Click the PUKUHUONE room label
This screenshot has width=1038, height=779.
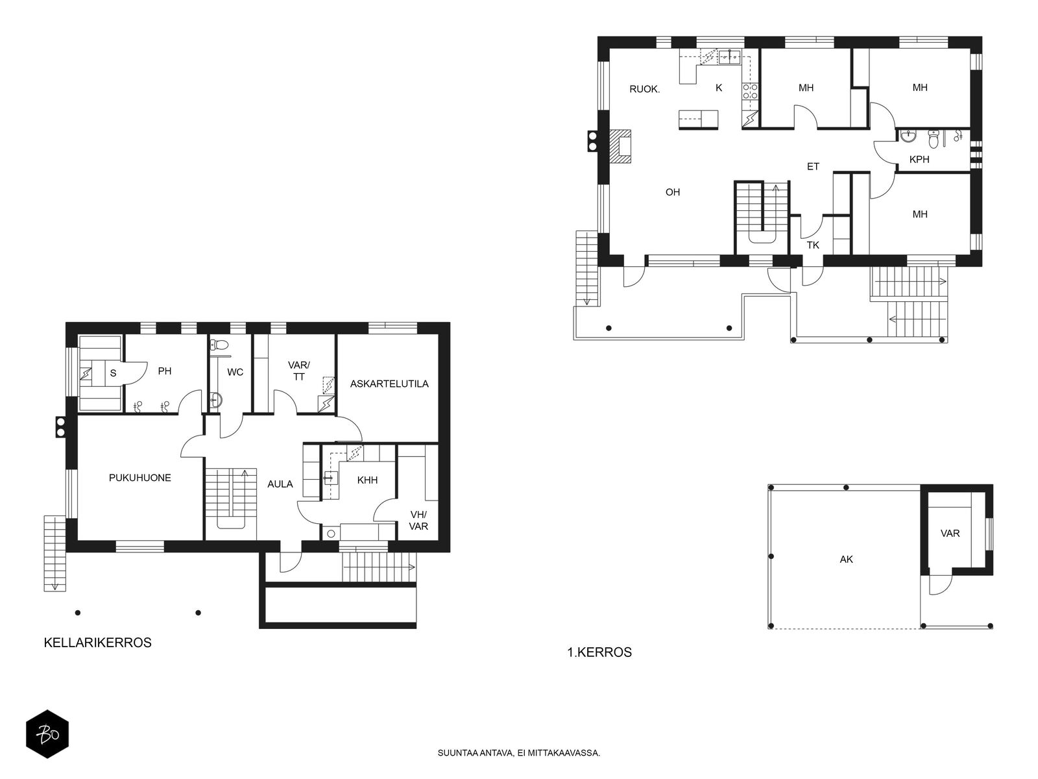coord(140,478)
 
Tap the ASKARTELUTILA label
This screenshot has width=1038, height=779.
coord(389,384)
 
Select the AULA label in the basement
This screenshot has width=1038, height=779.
coord(280,484)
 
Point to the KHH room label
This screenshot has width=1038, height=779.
coord(367,480)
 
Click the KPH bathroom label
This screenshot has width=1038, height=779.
coord(919,160)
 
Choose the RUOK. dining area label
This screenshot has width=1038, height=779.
coord(645,89)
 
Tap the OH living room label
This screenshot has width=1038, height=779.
coord(673,192)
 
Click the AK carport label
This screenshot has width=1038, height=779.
coord(846,560)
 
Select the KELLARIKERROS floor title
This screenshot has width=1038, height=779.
coord(97,643)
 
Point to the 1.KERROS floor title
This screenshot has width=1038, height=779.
coord(599,652)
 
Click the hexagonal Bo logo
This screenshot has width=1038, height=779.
coord(47,734)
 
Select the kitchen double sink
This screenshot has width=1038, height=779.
coord(729,57)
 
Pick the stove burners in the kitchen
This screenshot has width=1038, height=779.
coord(750,92)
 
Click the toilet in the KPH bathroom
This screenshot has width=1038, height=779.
coord(933,139)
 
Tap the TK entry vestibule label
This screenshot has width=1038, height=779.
coord(813,245)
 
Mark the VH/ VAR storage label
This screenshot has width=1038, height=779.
coord(418,520)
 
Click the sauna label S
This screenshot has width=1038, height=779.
coord(113,373)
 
